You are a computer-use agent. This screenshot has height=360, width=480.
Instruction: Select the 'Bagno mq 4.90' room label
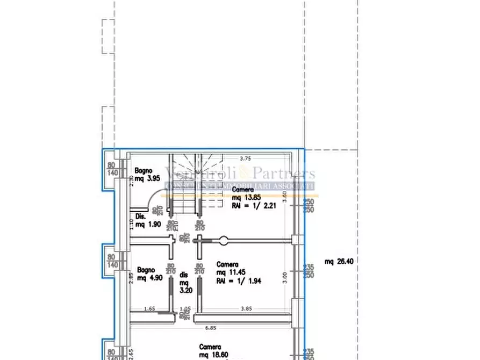point(149,273)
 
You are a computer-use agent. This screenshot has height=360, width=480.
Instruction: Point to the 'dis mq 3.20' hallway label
point(184,282)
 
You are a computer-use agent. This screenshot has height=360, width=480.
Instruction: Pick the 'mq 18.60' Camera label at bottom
point(212,355)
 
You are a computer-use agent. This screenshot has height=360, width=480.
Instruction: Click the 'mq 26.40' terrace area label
point(339,262)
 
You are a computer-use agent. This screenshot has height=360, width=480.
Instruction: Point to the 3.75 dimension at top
point(245,158)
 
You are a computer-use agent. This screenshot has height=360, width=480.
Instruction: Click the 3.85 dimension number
point(246,308)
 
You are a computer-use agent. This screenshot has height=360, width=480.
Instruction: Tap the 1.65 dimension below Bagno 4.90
point(150,308)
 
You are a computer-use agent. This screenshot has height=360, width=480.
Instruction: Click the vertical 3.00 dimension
point(285,277)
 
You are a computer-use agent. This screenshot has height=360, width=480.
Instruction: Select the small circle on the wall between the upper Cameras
point(224,241)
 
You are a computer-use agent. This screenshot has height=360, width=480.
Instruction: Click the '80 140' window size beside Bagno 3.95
point(112,170)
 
